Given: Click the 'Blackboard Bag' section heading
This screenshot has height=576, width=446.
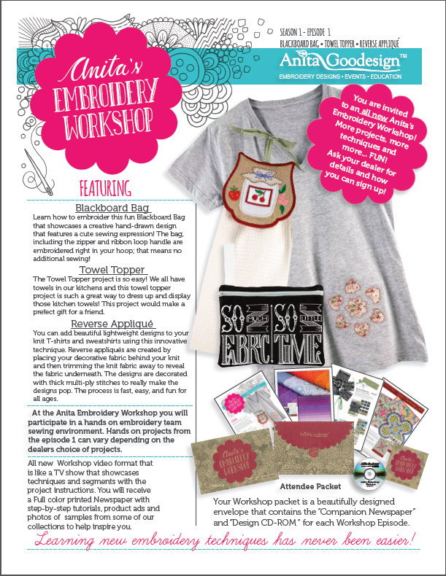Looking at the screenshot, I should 110,208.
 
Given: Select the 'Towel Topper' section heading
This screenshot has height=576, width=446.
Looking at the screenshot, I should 110,270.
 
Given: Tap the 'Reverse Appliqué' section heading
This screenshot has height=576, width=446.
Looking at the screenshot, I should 110,322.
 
